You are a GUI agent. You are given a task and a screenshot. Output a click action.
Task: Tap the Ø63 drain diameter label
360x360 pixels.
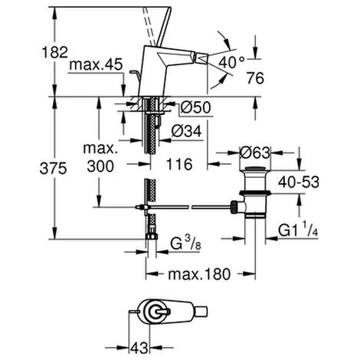pyautogui.click(x=256, y=151)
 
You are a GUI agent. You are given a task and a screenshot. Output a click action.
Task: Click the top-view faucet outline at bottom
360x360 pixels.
pyautogui.click(x=172, y=312)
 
